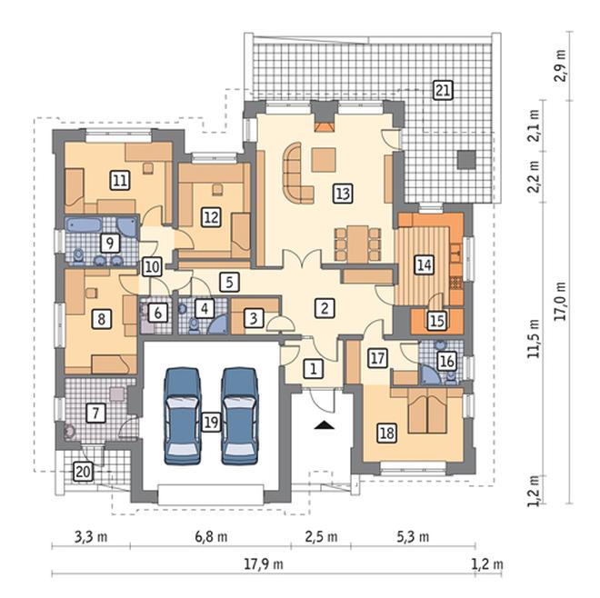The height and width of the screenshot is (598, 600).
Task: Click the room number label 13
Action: point(343,194)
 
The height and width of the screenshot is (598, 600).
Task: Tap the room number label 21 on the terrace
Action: point(443,91)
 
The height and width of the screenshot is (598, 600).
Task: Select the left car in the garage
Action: point(182,416)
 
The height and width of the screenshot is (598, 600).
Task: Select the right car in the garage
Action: point(240,416)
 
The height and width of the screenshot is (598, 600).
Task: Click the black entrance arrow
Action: point(325,425)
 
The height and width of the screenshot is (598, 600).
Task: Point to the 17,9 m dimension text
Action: point(264,564)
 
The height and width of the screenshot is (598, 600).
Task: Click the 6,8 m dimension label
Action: point(211,537)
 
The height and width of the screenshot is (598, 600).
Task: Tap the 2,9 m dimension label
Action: point(561,65)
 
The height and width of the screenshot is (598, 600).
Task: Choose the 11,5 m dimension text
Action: point(534,339)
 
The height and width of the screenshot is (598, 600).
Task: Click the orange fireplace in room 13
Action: point(324,127)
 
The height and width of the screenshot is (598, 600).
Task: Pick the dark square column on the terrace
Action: point(467,160)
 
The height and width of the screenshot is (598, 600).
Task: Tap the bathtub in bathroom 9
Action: point(83,225)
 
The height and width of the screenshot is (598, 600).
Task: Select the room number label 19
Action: point(211,422)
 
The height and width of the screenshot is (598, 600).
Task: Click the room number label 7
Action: point(95,413)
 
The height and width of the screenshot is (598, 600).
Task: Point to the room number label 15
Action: point(437,321)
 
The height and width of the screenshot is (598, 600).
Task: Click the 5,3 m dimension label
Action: point(413,537)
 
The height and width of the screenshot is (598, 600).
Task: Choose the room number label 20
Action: point(83,472)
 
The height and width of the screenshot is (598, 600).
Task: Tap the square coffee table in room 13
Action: point(324,160)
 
